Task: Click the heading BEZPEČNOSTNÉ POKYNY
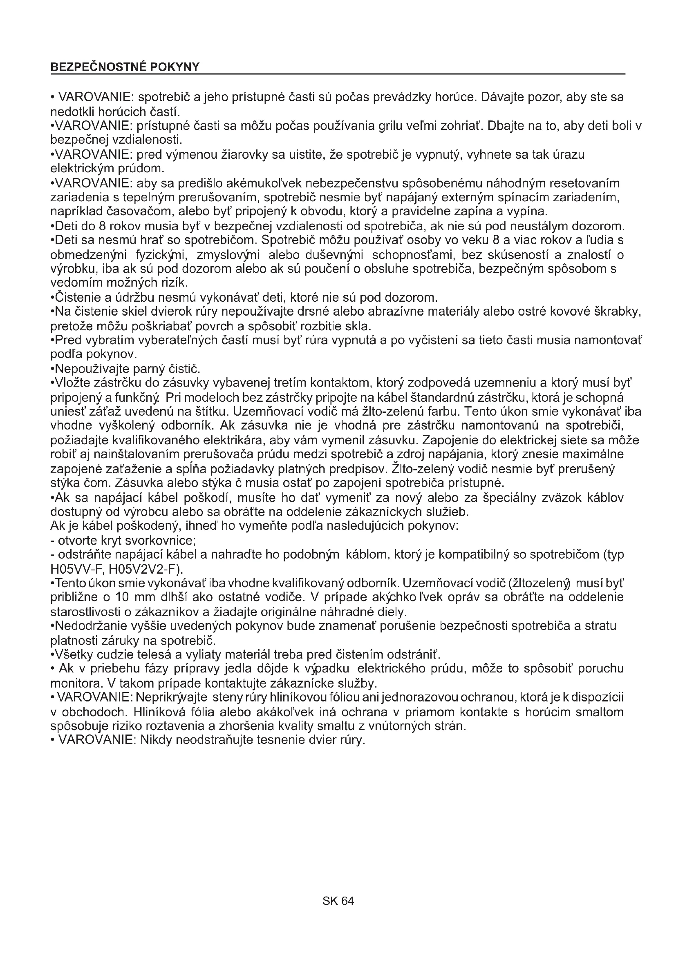pos(125,67)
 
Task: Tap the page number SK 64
pos(338,901)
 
